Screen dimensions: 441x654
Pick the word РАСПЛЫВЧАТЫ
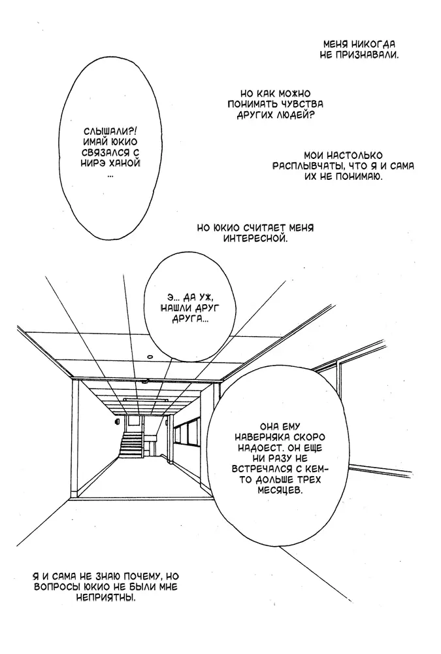pyautogui.click(x=308, y=166)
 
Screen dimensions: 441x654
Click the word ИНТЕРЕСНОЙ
pyautogui.click(x=255, y=239)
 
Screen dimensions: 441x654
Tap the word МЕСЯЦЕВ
pyautogui.click(x=278, y=490)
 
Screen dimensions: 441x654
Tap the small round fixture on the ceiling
pyautogui.click(x=149, y=356)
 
